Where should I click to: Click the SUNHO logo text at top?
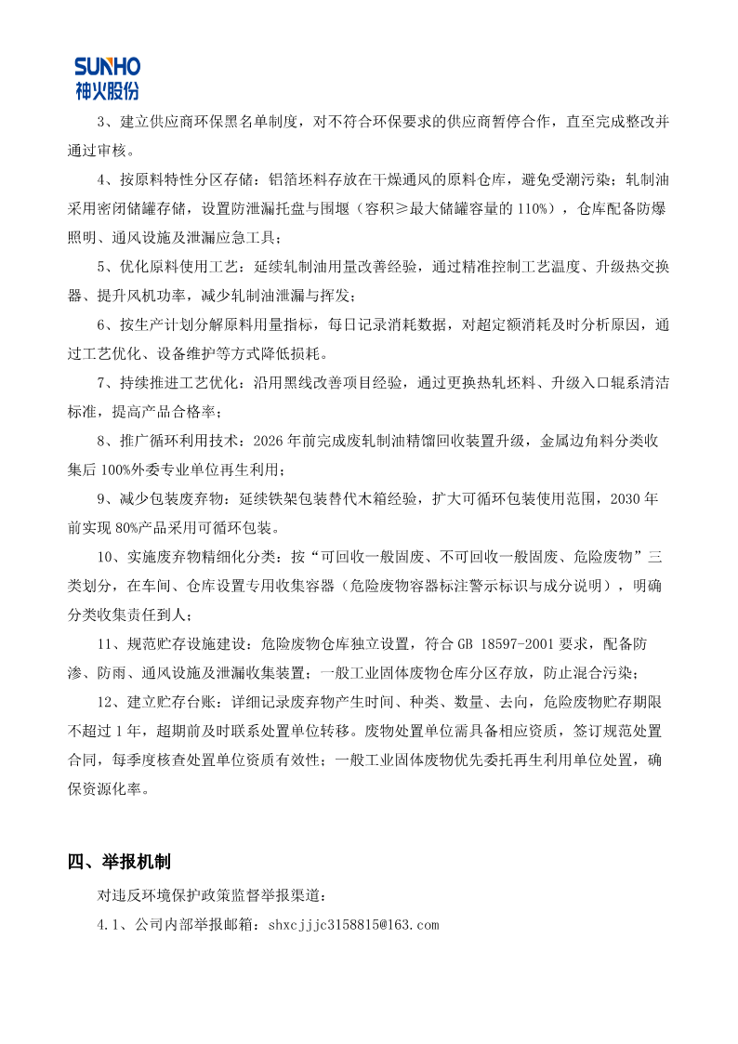[107, 67]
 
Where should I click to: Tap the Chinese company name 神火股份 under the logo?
[107, 90]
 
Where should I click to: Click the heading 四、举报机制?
[119, 862]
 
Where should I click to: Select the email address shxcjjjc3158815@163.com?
[352, 925]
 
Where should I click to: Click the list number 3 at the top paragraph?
[101, 122]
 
